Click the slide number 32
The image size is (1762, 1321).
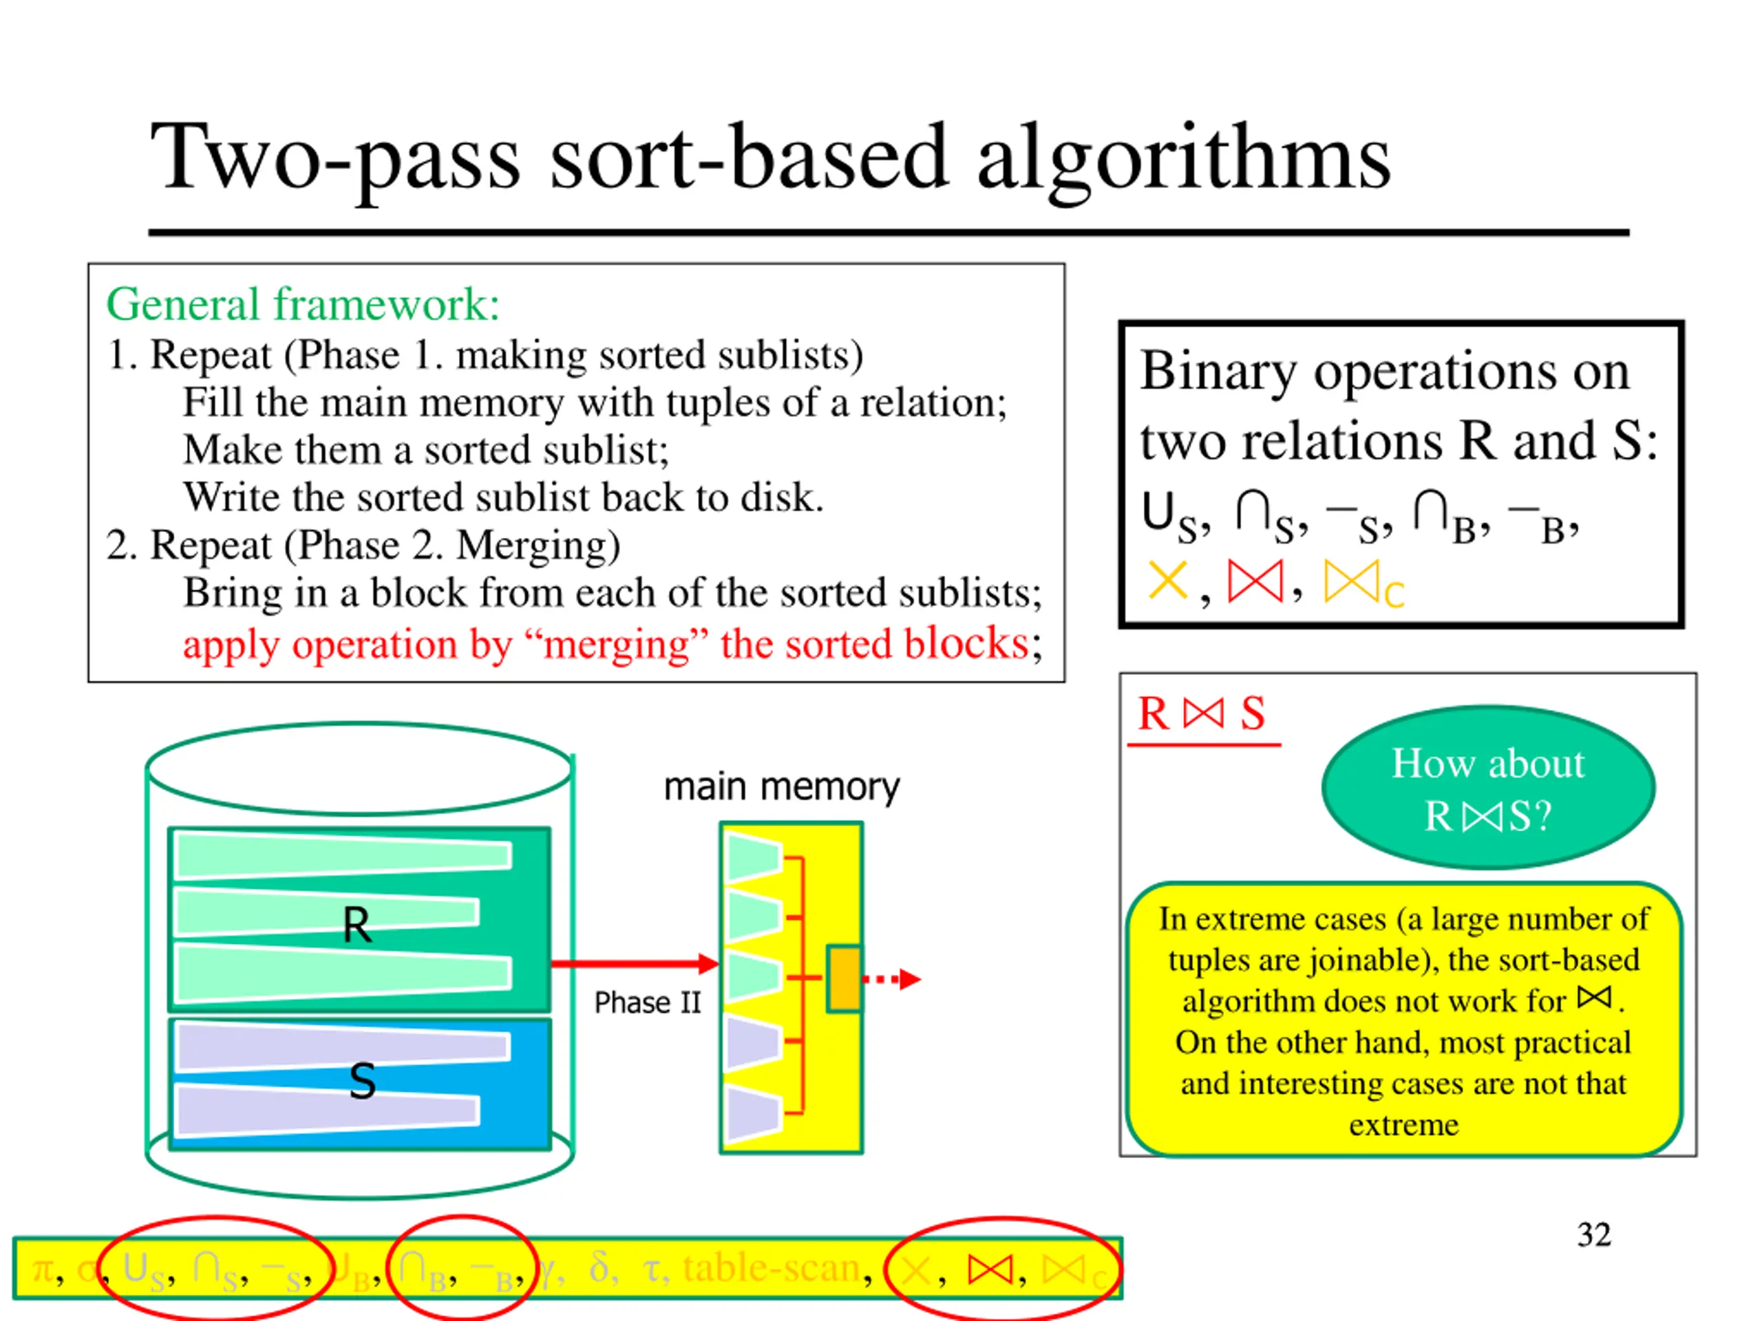pos(1593,1235)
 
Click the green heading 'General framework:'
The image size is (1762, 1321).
pos(303,304)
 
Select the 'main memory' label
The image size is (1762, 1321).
pos(781,786)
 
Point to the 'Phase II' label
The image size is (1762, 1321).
pos(648,1002)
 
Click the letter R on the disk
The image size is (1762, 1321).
pos(357,925)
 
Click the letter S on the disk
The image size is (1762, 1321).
pos(363,1082)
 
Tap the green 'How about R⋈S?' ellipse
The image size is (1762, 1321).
pos(1488,788)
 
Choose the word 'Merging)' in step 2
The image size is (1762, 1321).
pos(538,546)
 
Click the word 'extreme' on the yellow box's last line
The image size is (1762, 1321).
pos(1403,1125)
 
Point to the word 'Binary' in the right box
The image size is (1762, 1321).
pos(1218,371)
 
